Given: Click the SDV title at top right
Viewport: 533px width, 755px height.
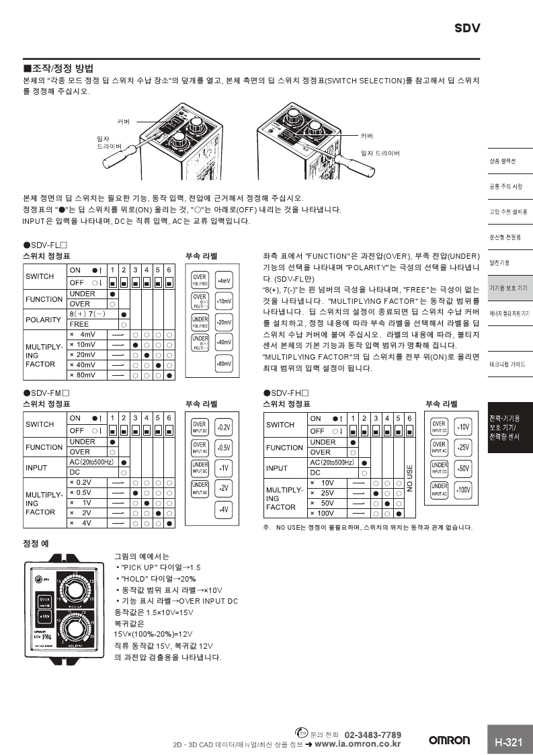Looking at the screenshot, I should coord(467,28).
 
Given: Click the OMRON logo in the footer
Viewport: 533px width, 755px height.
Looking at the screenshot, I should coord(450,740).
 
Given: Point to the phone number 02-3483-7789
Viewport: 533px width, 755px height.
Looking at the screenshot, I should coord(372,734).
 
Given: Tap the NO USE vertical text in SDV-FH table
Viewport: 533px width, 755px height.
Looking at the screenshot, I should coord(409,478).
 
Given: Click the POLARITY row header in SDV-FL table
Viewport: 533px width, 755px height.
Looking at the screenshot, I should coord(43,319).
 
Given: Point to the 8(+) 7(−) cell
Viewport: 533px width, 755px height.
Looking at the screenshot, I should coord(87,314).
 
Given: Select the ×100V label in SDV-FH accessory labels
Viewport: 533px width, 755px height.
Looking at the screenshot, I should coord(462,489).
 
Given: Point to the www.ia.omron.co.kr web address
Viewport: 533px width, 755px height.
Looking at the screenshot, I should coord(358,744).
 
